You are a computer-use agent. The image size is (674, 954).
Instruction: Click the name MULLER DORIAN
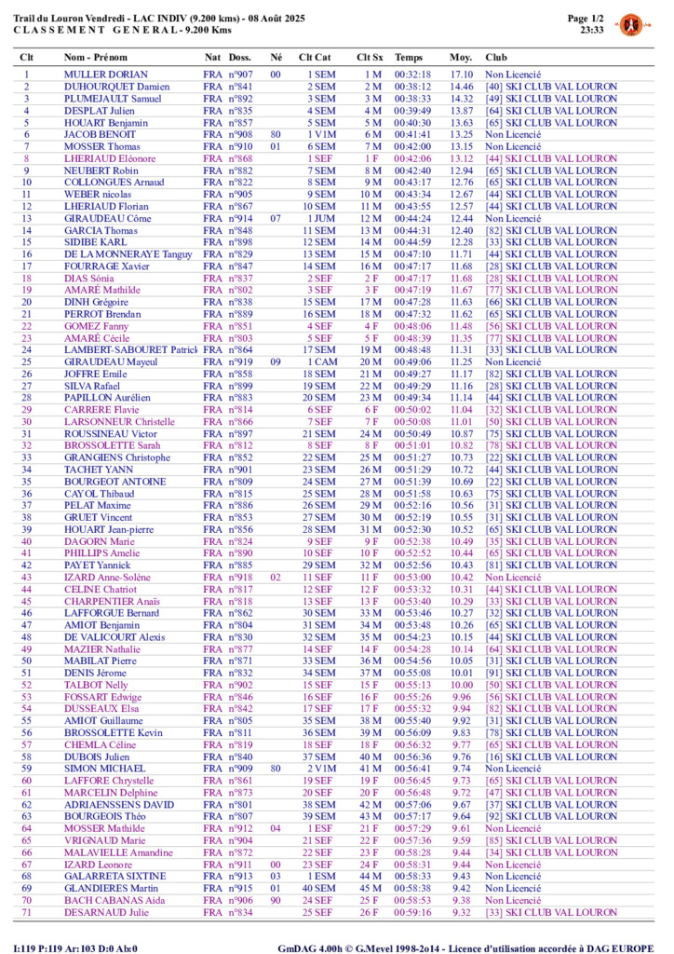tap(105, 74)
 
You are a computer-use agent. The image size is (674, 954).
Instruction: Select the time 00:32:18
tap(412, 74)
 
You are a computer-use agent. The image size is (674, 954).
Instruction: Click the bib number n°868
tap(240, 158)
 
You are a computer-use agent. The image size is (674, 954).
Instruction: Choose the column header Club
tap(496, 57)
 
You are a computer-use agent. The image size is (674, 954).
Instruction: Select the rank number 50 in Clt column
tap(27, 661)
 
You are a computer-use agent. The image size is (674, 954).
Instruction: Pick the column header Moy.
tap(460, 57)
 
